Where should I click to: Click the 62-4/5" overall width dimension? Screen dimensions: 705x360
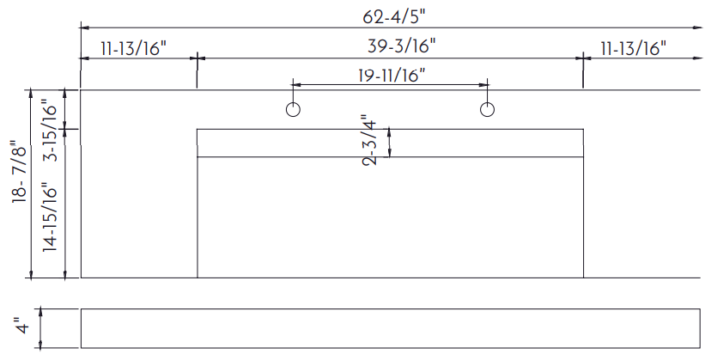point(394,17)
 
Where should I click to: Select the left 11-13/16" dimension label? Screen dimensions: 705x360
point(134,48)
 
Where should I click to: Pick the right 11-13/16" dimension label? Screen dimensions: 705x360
point(633,48)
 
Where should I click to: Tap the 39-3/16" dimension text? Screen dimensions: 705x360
point(402,46)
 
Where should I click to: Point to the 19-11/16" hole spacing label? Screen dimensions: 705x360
point(392,75)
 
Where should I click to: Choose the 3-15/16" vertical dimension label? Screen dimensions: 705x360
point(51,133)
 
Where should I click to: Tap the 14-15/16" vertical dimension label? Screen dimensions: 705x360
point(51,217)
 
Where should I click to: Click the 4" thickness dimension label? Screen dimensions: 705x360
point(21,326)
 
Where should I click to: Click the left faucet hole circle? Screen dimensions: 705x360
point(293,109)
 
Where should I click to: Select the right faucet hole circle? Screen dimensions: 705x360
point(488,109)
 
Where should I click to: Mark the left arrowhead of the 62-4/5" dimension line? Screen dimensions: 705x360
point(82,27)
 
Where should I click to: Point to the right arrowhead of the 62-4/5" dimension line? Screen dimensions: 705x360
point(699,27)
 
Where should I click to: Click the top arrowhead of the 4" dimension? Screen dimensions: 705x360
point(41,311)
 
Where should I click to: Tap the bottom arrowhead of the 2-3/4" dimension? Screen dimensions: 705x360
point(389,154)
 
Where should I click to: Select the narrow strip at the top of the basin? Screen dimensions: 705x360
point(390,143)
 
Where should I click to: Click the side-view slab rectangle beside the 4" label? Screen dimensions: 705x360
point(391,328)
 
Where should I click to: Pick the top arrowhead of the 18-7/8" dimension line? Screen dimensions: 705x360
point(31,93)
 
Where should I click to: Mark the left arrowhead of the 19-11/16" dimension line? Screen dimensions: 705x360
point(297,84)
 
